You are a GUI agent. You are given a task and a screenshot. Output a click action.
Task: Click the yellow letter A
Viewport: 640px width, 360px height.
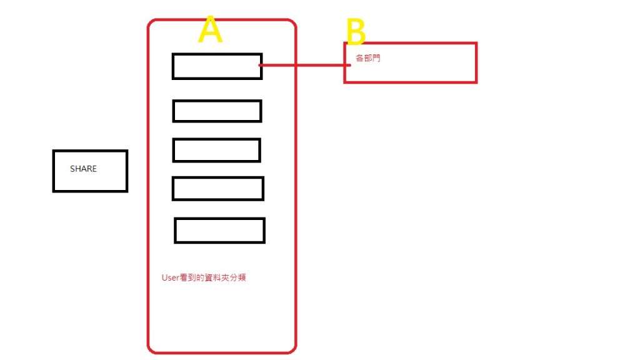pos(210,31)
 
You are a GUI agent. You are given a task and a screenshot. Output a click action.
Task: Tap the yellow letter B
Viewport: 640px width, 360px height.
pos(356,32)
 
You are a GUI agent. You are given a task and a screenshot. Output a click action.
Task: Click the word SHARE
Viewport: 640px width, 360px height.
pos(83,169)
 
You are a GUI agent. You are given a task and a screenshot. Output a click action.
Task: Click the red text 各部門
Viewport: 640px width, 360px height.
pos(367,58)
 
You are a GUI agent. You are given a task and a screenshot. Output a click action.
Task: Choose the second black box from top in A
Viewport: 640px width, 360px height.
pos(217,111)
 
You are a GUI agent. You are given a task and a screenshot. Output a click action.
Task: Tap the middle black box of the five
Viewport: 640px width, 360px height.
pos(216,150)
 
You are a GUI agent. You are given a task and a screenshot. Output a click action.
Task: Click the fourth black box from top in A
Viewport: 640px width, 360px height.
pos(217,189)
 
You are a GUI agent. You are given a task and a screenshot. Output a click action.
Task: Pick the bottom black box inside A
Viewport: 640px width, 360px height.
pos(219,230)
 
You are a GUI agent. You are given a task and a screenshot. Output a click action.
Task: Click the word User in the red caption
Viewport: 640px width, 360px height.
pos(171,277)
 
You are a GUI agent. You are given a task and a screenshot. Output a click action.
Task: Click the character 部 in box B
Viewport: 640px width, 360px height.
pos(367,58)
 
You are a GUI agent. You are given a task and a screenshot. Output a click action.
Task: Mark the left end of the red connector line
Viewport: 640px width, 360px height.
pos(259,64)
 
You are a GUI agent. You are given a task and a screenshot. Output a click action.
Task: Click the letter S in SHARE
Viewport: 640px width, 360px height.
pos(72,169)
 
